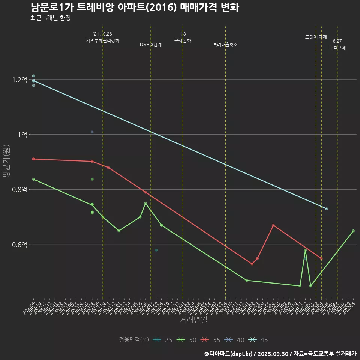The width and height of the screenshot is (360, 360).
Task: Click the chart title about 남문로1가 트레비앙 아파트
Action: pyautogui.click(x=135, y=7)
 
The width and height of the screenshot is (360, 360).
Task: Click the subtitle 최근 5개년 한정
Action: pyautogui.click(x=50, y=18)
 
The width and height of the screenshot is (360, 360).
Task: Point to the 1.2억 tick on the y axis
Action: pyautogui.click(x=19, y=79)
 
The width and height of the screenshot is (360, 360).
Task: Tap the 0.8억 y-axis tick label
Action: pyautogui.click(x=19, y=190)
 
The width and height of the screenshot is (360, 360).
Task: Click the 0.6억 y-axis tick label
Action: pyautogui.click(x=19, y=245)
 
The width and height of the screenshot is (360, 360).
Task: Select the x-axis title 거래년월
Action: pyautogui.click(x=193, y=320)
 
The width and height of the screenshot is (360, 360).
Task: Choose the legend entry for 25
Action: pyautogui.click(x=163, y=340)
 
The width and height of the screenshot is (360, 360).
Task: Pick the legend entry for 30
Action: pyautogui.click(x=187, y=340)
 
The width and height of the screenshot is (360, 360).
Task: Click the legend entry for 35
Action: pyautogui.click(x=211, y=340)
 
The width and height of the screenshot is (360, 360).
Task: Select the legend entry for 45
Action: pyautogui.click(x=259, y=340)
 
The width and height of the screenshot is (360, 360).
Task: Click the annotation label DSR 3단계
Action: pyautogui.click(x=151, y=45)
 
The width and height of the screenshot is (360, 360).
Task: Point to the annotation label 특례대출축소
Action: pyautogui.click(x=225, y=45)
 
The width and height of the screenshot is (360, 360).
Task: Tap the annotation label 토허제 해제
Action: pyautogui.click(x=316, y=37)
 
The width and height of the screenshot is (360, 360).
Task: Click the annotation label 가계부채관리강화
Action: pyautogui.click(x=103, y=40)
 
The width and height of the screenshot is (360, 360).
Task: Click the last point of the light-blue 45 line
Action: pyautogui.click(x=327, y=208)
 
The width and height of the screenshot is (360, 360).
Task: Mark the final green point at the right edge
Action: pyautogui.click(x=353, y=231)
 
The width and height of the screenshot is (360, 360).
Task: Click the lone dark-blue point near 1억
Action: pyautogui.click(x=92, y=132)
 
